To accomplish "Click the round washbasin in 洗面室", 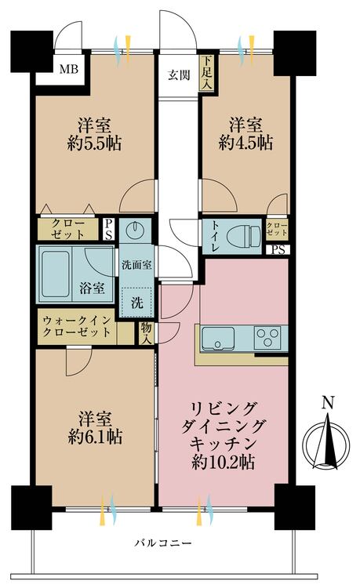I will click(136, 230).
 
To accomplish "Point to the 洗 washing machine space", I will click(136, 299).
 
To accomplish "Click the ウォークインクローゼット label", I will click(77, 327).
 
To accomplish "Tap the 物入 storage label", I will click(146, 332).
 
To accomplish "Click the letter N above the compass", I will click(328, 404).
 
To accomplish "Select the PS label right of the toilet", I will click(278, 251).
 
